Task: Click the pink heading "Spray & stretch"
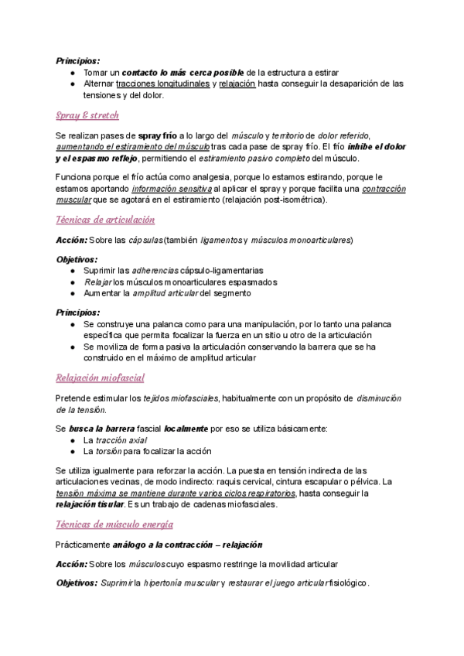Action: click(x=87, y=116)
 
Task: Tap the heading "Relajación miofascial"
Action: click(x=100, y=378)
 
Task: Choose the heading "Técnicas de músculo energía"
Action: click(x=109, y=524)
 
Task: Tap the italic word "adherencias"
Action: click(x=155, y=271)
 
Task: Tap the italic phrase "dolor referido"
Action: click(x=343, y=135)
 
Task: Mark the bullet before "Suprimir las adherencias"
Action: click(x=72, y=271)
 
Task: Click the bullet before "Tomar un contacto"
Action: click(x=72, y=72)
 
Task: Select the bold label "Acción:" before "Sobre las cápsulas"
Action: click(x=73, y=241)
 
